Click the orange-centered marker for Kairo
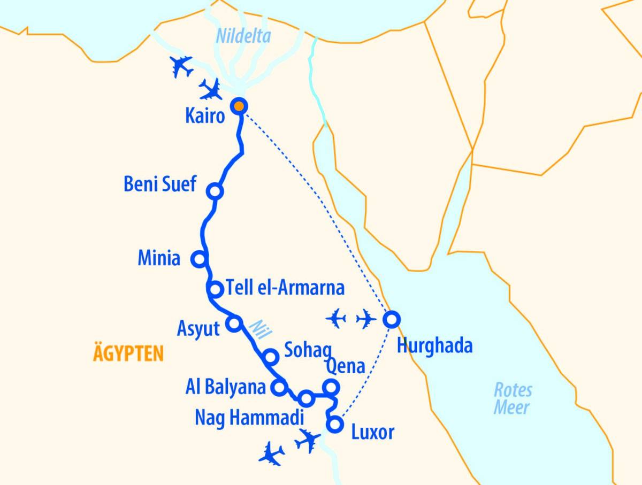pos(239,106)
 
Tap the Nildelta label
pos(243,37)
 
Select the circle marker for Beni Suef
pos(215,191)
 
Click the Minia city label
pos(158,259)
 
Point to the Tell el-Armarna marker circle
pos(215,289)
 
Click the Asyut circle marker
pos(234,323)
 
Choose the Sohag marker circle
pos(271,357)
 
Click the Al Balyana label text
pos(226,387)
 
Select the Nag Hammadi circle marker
pos(305,398)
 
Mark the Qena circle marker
pos(331,387)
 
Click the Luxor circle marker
pos(335,425)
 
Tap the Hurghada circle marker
pos(391,319)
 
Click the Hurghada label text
pos(434,346)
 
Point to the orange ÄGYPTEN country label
pos(128,353)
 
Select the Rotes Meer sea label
pos(512,398)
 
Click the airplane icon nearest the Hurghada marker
pos(366,320)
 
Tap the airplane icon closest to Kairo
pos(211,90)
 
